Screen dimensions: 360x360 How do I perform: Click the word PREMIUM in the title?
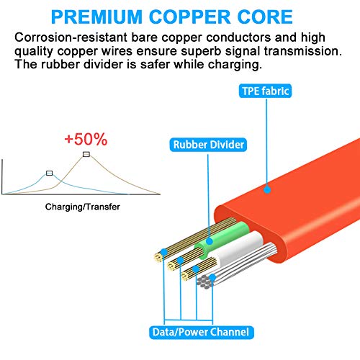96,17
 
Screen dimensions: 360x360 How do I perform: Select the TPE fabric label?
265,91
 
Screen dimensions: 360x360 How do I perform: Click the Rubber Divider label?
208,145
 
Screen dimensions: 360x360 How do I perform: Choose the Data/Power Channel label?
201,333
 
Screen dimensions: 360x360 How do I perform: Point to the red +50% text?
86,139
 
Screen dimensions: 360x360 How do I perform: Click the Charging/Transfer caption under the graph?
83,207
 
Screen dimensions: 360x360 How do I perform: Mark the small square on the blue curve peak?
49,174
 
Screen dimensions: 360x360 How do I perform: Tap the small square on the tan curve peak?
86,154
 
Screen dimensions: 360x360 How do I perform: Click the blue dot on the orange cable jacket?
267,190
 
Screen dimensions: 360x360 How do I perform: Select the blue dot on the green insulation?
210,241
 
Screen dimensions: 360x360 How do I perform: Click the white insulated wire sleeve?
239,247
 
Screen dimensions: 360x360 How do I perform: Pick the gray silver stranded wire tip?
204,282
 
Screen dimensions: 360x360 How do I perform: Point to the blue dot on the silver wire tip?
212,278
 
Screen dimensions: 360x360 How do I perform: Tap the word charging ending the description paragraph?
235,65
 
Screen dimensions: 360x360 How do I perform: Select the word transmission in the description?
303,51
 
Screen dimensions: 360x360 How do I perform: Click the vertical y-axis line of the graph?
2,176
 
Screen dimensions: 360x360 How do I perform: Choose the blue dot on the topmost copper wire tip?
164,252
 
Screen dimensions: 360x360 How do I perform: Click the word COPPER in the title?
189,17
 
